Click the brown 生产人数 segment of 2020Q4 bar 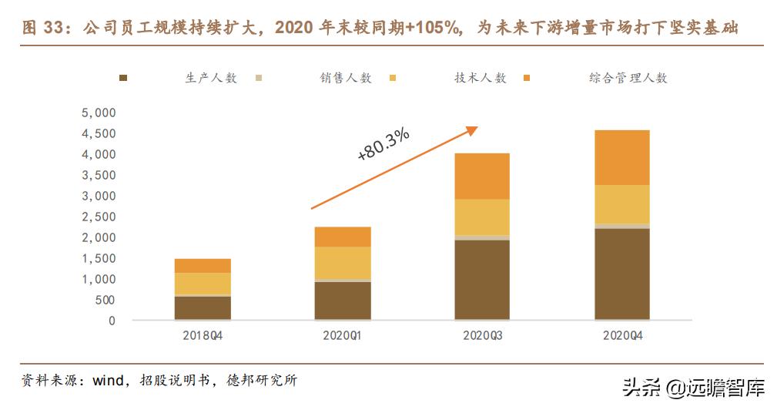(621, 274)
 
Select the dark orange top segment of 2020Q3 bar (481, 176)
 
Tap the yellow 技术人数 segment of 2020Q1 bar (343, 263)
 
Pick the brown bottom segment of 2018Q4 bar (203, 308)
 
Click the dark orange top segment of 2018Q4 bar (203, 266)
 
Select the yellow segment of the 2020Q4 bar (621, 204)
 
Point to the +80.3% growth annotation (383, 144)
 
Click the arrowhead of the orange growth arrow (471, 130)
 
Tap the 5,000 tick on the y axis (98, 113)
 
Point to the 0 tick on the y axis (112, 321)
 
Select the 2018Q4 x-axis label (203, 336)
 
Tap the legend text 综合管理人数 (628, 78)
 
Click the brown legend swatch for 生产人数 (123, 79)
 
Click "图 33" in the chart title (41, 29)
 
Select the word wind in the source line (109, 381)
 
